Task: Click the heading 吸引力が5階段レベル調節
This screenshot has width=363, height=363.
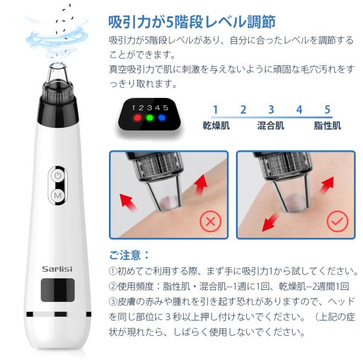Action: pos(192,22)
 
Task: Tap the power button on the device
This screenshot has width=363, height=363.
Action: pos(58,175)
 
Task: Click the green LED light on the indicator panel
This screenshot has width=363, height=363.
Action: pos(149,117)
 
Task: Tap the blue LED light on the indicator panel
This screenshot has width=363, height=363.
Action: pos(162,117)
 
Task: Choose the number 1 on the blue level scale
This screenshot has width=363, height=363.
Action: pos(214,110)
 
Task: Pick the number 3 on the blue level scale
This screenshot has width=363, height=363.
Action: pos(271,110)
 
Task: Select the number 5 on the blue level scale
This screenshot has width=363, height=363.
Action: pos(327,110)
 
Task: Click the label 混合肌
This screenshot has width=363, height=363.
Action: pos(271,126)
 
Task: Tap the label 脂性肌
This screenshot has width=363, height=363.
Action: pos(327,126)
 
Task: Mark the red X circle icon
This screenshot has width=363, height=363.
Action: pos(210,222)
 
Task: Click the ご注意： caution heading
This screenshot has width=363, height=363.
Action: pos(129,255)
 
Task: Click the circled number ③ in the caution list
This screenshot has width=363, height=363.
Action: pos(114,301)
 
